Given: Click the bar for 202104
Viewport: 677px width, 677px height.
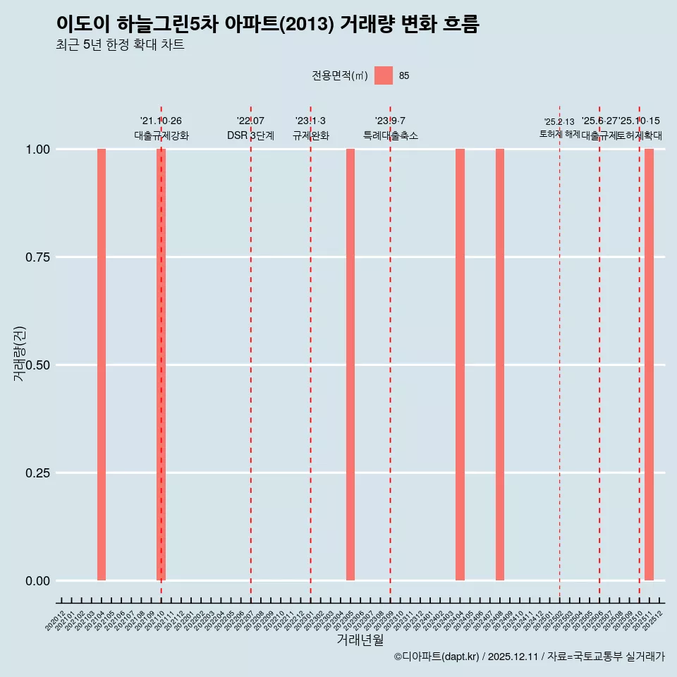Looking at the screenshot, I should click(102, 365).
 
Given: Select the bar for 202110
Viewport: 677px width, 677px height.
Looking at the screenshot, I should click(161, 365).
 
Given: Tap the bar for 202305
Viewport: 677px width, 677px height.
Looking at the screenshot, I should click(350, 365).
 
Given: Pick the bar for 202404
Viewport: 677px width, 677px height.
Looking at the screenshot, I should click(460, 365).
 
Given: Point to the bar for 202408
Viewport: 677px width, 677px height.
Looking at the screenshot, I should click(500, 365).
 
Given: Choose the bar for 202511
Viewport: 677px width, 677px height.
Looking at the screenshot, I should click(649, 365).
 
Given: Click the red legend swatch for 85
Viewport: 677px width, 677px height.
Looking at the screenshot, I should click(384, 75).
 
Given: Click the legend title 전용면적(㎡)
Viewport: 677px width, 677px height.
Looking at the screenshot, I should click(339, 75).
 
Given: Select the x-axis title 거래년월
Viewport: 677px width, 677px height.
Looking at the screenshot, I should click(360, 640).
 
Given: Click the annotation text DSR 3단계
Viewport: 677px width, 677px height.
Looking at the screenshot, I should click(250, 135).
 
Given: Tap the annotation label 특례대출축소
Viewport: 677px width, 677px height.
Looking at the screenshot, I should click(391, 135).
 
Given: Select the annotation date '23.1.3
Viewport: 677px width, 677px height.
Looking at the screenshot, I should click(310, 121).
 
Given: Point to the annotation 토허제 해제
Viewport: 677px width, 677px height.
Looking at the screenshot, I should click(560, 134).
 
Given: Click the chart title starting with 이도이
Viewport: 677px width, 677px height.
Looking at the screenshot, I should click(268, 25).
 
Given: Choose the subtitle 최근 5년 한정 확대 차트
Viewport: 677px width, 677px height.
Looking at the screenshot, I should click(120, 45).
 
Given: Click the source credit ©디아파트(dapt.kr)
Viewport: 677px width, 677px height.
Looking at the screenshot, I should click(437, 657).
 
